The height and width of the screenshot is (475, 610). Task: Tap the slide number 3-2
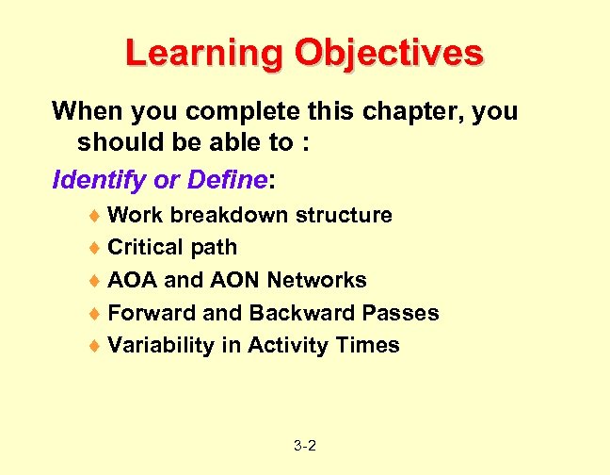point(304,445)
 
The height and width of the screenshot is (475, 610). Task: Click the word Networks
point(316,281)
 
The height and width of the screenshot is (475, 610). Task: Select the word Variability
point(161,346)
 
